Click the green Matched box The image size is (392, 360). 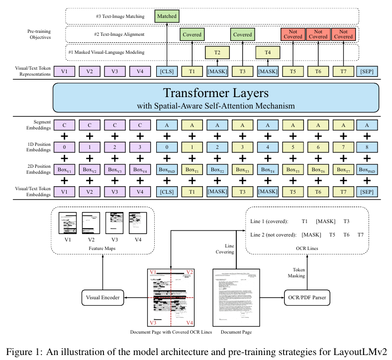(167, 16)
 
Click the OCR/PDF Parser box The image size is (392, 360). (307, 298)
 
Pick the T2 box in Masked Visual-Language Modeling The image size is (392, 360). (217, 53)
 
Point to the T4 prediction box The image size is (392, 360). (268, 53)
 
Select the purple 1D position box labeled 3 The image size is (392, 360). (140, 147)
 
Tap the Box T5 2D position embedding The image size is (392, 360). (293, 169)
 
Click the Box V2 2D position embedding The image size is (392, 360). (90, 169)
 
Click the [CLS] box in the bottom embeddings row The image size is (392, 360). (167, 191)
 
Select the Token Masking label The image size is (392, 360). (297, 272)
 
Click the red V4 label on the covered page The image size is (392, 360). (190, 322)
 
